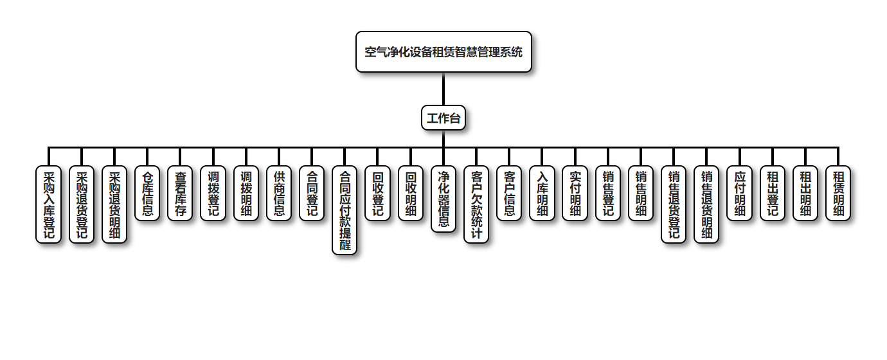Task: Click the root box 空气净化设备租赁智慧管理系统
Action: (x=443, y=51)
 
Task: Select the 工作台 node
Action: (x=443, y=118)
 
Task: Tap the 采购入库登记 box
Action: (x=48, y=204)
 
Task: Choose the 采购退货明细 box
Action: (x=114, y=204)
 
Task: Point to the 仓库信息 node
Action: (x=147, y=194)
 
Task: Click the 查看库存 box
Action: (x=180, y=194)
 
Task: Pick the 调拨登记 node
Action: (x=213, y=194)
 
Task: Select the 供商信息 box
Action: (x=279, y=194)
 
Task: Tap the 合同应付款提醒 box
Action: (x=345, y=210)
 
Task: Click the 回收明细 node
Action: (x=411, y=194)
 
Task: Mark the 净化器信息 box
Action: (x=443, y=199)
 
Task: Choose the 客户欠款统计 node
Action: (x=476, y=204)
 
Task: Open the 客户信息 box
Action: (x=509, y=194)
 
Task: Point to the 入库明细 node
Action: (x=542, y=194)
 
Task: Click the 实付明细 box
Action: (x=575, y=194)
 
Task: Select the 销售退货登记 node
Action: (x=674, y=204)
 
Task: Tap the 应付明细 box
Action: (x=739, y=194)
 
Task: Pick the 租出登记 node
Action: (x=772, y=194)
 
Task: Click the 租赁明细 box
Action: (x=838, y=194)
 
